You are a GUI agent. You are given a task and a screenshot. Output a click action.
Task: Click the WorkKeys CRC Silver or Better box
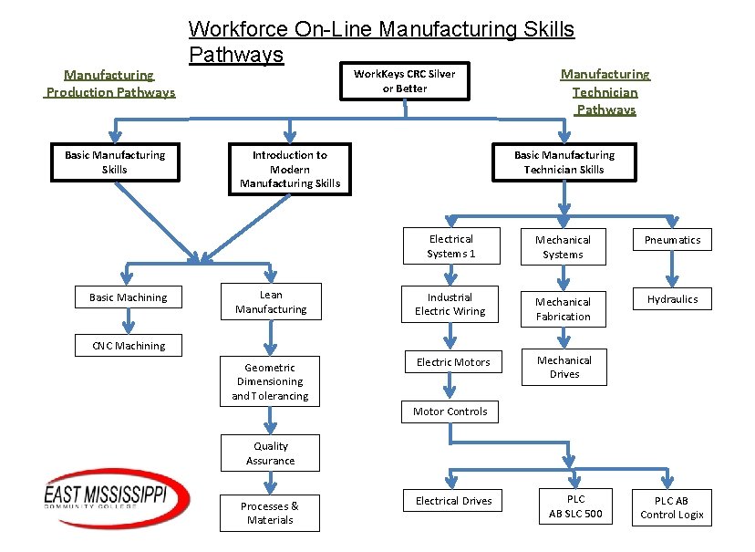point(404,81)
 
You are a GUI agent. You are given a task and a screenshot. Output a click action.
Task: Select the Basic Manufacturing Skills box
point(115,162)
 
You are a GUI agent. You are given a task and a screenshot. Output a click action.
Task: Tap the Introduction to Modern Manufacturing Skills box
point(290,170)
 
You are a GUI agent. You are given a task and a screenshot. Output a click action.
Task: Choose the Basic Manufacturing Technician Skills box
point(564,162)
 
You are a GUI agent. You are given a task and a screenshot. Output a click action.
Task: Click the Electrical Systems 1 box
point(451,246)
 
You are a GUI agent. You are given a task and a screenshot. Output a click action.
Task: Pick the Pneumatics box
point(672,240)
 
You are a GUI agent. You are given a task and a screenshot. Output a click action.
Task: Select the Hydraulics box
point(672,299)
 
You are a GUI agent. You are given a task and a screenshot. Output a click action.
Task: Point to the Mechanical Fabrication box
point(563,309)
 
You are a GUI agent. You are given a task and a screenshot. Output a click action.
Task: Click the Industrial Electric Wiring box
point(450,304)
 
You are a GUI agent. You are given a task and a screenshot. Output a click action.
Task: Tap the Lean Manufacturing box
point(271,302)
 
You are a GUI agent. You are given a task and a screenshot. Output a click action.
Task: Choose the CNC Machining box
point(129,346)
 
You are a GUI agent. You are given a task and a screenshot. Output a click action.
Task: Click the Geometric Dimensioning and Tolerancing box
point(270,381)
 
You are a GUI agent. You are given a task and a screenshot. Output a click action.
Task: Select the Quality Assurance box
point(270,453)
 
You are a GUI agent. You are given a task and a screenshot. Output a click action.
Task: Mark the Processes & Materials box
point(270,513)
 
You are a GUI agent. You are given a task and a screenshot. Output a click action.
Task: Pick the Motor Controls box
point(450,411)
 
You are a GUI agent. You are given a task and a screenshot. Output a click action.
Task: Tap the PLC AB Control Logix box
point(672,507)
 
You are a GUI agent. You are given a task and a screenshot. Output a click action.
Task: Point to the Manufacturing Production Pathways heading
point(110,84)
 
